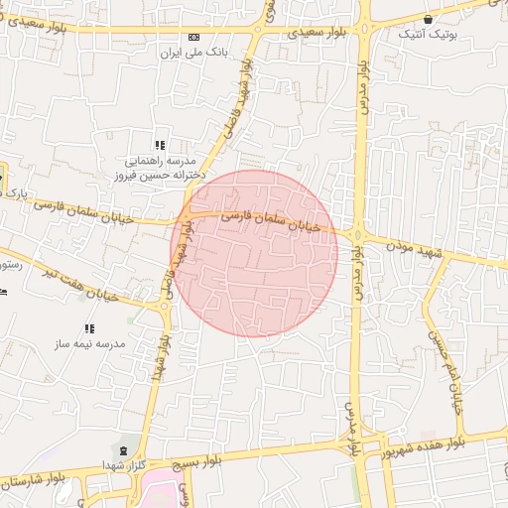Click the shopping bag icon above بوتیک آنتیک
[428, 19]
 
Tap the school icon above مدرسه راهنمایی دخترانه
[160, 145]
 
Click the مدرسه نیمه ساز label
[91, 342]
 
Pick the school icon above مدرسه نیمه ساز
[89, 327]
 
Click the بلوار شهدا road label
[157, 368]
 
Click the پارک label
[15, 191]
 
